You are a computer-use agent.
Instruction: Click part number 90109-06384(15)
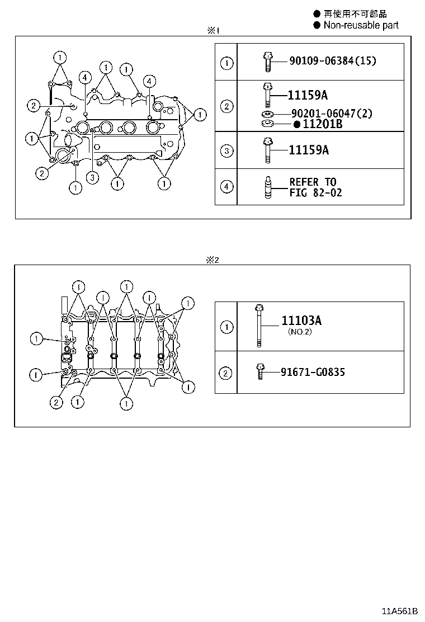coord(332,60)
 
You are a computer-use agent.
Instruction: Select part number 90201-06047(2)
coord(332,114)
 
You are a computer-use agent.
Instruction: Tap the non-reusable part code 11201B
coord(322,124)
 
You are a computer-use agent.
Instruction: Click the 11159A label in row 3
coord(309,150)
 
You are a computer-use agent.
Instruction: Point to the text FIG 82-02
coord(315,192)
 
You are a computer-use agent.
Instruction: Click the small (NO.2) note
coord(300,332)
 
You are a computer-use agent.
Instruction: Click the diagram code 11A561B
coord(400,610)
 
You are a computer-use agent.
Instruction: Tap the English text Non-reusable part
coord(361,25)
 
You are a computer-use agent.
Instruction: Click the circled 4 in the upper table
coord(226,187)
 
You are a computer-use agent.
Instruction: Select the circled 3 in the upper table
coord(226,150)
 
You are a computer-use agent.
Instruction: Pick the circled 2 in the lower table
coord(226,373)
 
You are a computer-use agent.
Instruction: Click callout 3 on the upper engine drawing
coord(92,178)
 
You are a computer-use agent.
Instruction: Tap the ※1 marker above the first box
coord(212,31)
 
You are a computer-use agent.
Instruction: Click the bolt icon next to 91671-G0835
coord(260,371)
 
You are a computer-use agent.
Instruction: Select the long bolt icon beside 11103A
coord(259,326)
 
